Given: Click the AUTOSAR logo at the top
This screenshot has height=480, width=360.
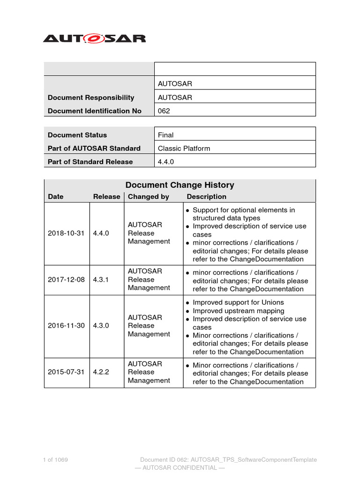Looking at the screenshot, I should click(94, 38).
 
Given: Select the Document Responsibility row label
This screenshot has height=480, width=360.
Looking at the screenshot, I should click(91, 97).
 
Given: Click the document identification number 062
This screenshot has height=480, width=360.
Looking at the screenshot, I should click(164, 111).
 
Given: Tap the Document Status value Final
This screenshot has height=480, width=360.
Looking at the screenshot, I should click(165, 135).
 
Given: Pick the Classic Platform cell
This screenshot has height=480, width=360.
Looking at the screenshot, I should click(184, 149).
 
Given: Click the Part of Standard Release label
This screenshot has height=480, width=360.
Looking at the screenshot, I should click(90, 162).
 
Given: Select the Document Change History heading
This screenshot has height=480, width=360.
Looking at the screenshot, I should click(180, 185).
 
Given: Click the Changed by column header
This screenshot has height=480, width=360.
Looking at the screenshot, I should click(149, 197).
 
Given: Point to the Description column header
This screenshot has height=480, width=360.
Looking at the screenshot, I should click(206, 197).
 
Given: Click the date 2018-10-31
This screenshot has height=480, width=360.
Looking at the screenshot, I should click(66, 233).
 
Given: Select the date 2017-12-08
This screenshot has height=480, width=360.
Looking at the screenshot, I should click(66, 279).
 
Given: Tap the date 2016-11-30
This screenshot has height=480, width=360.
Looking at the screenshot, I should click(66, 326).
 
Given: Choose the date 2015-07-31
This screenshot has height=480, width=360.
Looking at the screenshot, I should click(66, 372).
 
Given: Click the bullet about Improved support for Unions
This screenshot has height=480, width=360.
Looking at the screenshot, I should click(238, 303).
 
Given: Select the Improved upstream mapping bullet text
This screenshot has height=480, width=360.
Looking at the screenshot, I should click(238, 311).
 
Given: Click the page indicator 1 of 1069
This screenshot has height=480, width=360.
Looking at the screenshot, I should click(55, 460).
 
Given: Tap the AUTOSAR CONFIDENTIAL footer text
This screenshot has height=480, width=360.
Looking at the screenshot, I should click(180, 468).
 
